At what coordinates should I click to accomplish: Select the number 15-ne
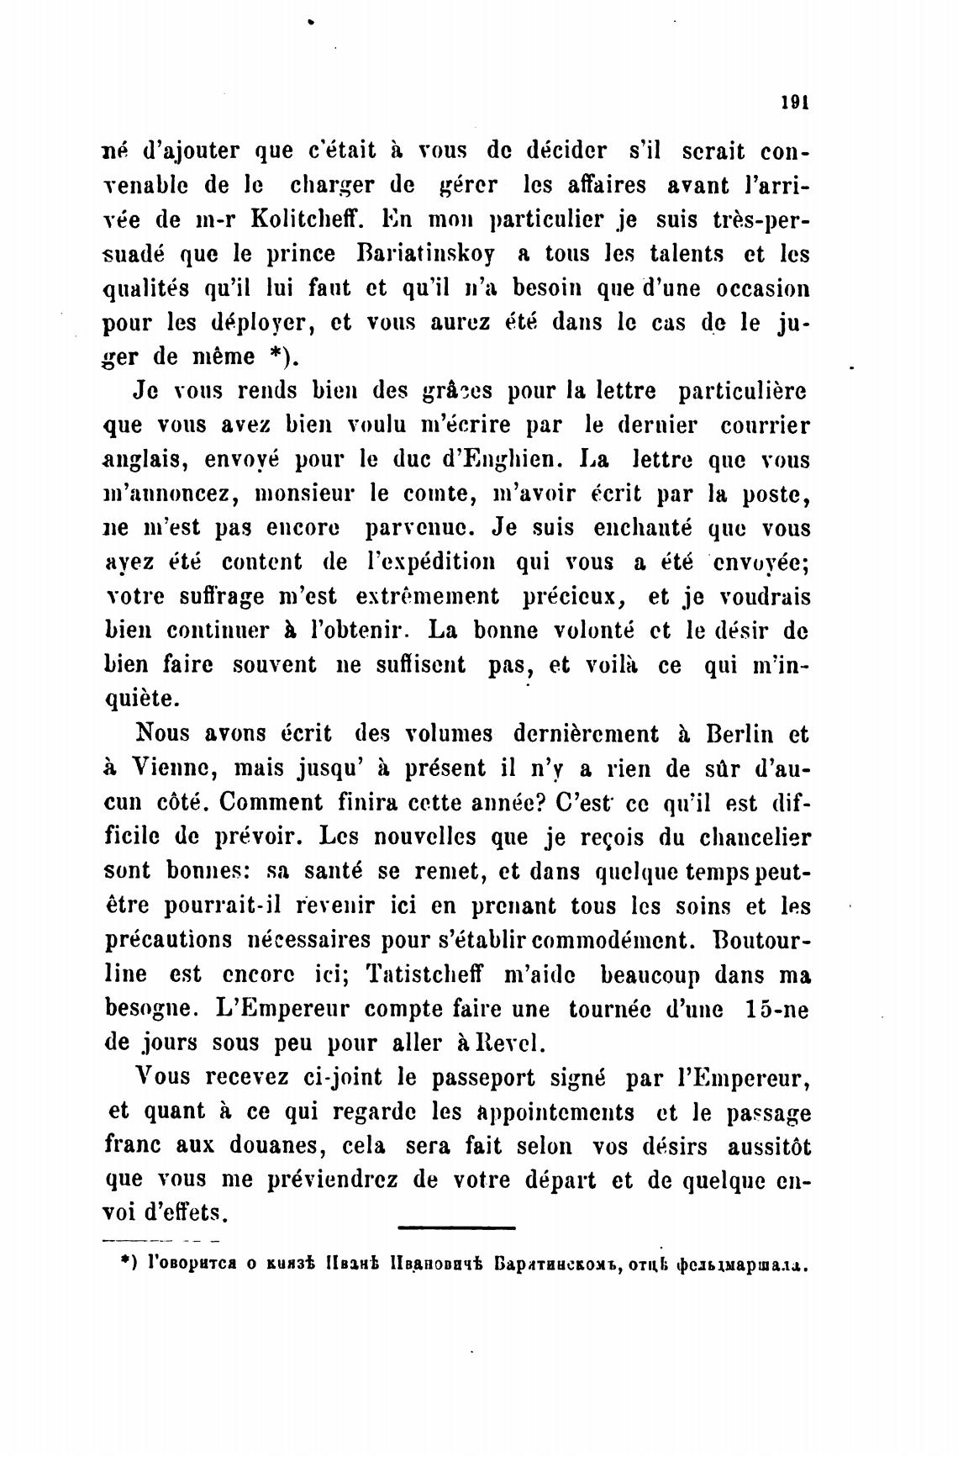[x=776, y=1009]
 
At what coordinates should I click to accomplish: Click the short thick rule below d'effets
[x=455, y=1228]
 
